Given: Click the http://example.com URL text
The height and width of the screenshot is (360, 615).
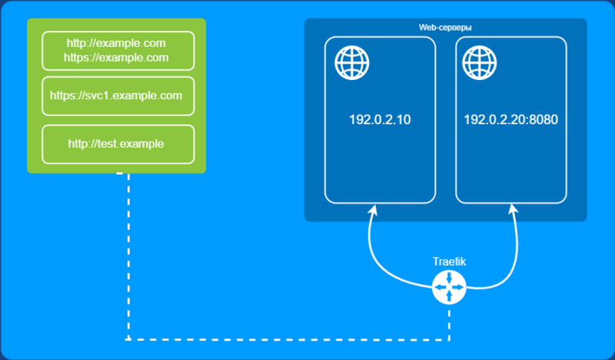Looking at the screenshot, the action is click(116, 43).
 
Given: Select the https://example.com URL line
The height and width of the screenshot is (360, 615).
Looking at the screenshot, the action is click(116, 58).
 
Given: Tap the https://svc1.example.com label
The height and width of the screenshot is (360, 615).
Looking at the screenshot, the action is click(116, 95).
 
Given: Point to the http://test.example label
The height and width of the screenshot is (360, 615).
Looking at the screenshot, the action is click(116, 144).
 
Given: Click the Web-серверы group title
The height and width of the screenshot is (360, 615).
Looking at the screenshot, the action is click(445, 28).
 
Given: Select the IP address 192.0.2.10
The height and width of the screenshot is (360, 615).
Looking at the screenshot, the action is click(380, 119).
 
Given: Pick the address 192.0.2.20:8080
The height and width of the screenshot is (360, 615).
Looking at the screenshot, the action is click(510, 119).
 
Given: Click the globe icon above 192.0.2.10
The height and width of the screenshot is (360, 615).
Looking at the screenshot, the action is click(352, 63).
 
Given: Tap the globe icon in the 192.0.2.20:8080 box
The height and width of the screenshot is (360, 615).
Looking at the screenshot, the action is click(479, 63).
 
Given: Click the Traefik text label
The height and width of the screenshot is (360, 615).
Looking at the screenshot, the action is click(449, 262).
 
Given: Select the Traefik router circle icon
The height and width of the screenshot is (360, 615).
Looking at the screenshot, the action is click(449, 288).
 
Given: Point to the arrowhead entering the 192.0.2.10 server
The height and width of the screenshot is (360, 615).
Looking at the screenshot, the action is click(373, 209).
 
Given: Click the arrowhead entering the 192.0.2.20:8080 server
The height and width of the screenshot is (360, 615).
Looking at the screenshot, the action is click(513, 209).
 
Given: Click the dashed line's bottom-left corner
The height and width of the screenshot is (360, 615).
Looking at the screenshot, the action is click(128, 338).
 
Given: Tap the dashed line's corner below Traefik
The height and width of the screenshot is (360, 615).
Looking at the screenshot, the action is click(449, 339).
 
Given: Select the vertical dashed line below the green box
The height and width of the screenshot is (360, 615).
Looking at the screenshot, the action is click(128, 256).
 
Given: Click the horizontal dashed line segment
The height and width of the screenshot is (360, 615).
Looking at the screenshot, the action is click(289, 339).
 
